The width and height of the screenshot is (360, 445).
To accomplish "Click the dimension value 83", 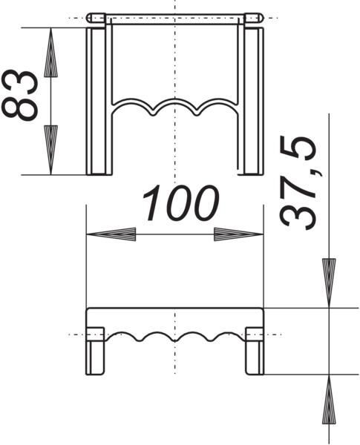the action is point(19,95).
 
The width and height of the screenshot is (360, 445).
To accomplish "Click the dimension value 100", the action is point(180,203).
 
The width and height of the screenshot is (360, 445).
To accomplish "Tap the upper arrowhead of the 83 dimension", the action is point(50,52).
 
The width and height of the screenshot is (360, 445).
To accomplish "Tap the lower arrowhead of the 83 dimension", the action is point(50,150).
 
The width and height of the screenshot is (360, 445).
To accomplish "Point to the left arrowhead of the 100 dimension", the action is point(111,234).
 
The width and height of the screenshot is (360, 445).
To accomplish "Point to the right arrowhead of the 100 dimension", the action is point(239,234).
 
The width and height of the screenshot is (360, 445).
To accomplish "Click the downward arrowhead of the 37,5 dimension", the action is point(329,283).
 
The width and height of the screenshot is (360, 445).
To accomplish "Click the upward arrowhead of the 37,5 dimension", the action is point(329,399).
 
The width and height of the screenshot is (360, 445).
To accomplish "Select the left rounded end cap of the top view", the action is point(96,18).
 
